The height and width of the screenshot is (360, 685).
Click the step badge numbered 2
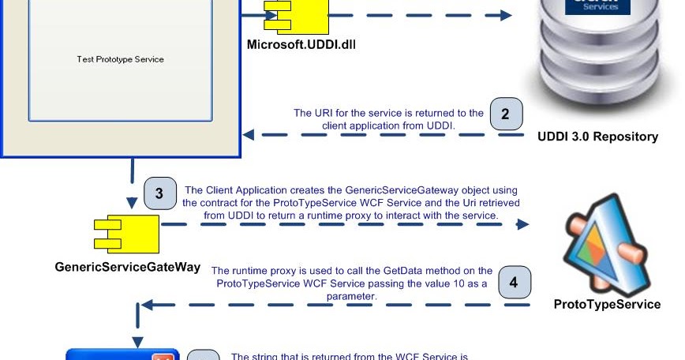pyautogui.click(x=505, y=114)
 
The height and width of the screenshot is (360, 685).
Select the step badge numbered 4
pyautogui.click(x=514, y=282)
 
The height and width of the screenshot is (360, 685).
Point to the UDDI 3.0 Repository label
pyautogui.click(x=597, y=137)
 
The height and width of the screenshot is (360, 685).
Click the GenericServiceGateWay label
pyautogui.click(x=127, y=267)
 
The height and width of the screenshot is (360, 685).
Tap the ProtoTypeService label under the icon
pyautogui.click(x=607, y=304)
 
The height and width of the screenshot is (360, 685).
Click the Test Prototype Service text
pyautogui.click(x=120, y=59)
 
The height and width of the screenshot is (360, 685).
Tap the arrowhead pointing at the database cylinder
pyautogui.click(x=504, y=14)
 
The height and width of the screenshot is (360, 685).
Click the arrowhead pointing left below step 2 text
pyautogui.click(x=247, y=134)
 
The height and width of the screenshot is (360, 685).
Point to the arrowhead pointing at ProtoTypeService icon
pyautogui.click(x=522, y=224)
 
